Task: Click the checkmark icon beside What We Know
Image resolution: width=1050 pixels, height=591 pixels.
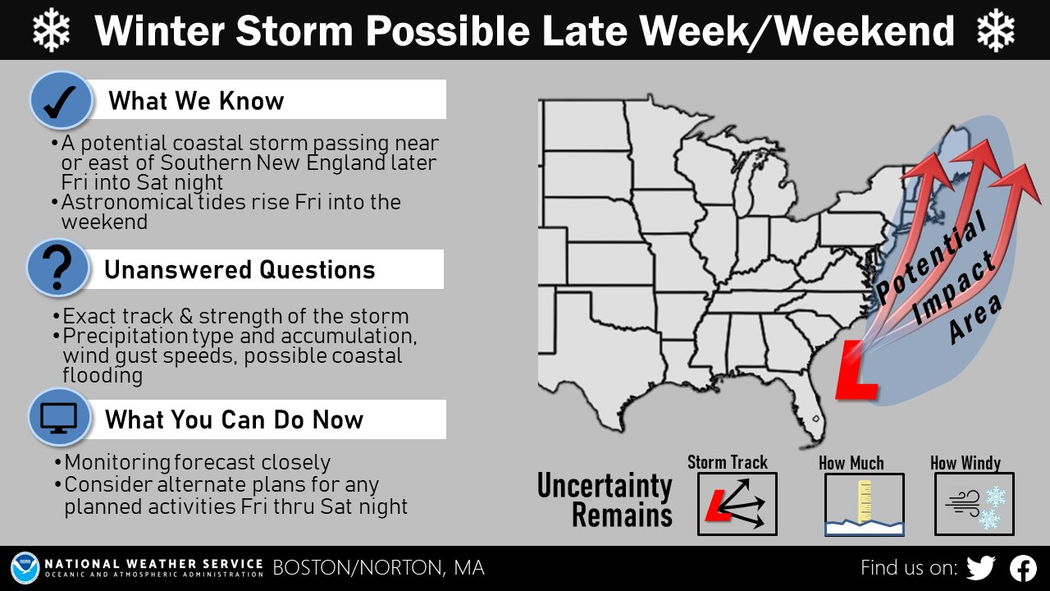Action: [61, 100]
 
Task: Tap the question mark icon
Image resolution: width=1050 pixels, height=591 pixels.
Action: [57, 268]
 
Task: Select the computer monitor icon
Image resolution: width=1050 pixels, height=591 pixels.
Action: [58, 418]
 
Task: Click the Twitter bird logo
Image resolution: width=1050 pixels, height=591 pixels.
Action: [980, 568]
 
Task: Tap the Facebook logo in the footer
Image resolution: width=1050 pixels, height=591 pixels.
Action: [1023, 568]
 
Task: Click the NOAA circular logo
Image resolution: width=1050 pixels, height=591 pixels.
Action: [25, 567]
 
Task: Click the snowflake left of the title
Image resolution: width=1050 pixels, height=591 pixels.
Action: [52, 30]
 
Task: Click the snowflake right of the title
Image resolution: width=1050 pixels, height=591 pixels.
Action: [996, 30]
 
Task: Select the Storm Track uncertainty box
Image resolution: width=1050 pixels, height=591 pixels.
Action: [737, 504]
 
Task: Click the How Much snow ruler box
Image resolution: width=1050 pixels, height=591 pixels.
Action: [865, 504]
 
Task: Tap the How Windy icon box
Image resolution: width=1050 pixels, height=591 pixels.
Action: [974, 504]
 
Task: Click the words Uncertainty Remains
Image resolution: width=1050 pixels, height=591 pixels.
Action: [605, 500]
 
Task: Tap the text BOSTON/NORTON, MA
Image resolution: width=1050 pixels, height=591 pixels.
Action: [378, 567]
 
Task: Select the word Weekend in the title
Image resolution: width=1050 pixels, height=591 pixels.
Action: [865, 31]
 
